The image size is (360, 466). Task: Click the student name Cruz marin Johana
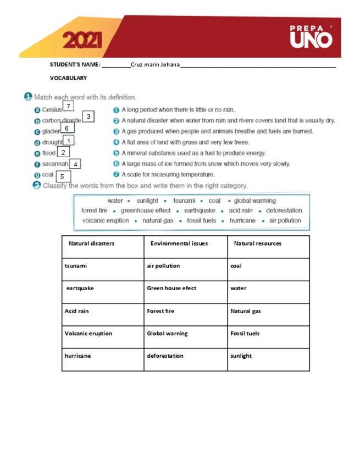coord(155,65)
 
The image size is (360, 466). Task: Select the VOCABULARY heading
coord(69,78)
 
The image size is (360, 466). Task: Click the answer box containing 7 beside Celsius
coord(68,106)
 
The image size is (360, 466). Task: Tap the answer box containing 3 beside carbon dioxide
coord(88,116)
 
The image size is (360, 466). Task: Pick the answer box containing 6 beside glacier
coord(67,128)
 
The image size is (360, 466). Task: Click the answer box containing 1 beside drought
coord(69,141)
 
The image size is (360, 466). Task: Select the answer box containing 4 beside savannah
coord(75,164)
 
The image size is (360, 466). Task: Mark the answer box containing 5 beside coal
coord(62,176)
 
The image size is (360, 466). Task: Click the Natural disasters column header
coord(91,243)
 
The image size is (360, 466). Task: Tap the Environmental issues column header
coord(179,243)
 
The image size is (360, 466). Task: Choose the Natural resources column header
coord(257,243)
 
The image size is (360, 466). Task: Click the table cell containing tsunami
coord(103,266)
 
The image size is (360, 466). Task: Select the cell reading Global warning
coord(185,334)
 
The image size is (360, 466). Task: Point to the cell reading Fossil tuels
coord(268,334)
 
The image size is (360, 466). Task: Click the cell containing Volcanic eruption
coord(103,334)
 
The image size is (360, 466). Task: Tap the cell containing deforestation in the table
coord(185,356)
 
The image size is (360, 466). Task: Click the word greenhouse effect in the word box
coord(146,210)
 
